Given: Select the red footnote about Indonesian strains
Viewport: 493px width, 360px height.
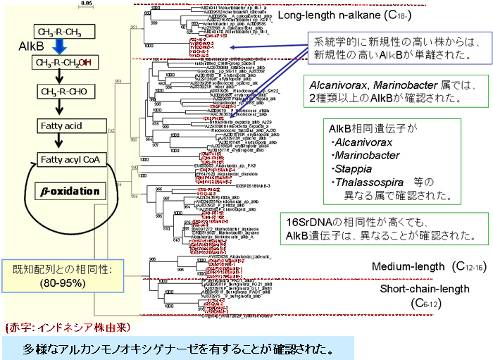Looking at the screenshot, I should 49,328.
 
